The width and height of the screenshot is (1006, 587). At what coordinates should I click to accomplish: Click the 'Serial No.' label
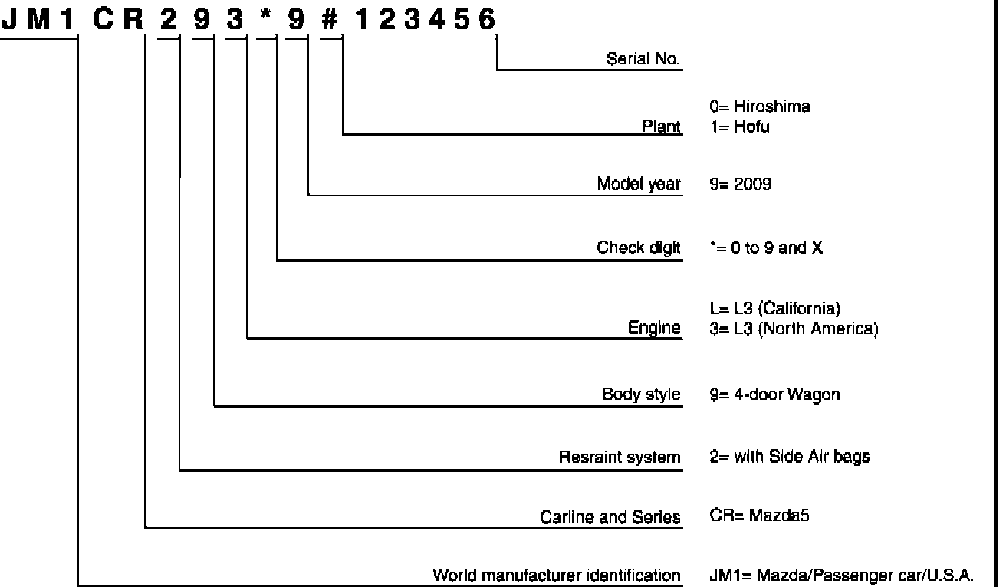coord(643,59)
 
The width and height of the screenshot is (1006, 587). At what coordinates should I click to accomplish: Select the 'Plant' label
coord(661,126)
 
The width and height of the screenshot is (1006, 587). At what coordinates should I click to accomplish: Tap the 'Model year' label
coord(639,185)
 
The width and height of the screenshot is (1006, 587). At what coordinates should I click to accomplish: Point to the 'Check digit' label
coord(639,248)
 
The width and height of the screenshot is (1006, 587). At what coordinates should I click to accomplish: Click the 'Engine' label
coord(654,328)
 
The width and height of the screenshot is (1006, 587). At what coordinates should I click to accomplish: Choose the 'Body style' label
coord(641,395)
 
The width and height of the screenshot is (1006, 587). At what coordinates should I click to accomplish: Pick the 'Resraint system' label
coord(620,457)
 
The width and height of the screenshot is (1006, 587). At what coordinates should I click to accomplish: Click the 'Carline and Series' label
coord(610,517)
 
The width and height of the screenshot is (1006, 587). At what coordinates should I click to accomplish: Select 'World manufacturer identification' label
coord(557,575)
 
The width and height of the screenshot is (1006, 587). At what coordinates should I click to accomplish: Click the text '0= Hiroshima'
coord(760,107)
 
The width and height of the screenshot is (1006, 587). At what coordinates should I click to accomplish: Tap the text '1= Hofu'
coord(740,127)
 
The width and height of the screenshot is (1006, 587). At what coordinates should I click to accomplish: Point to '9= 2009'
coord(741,185)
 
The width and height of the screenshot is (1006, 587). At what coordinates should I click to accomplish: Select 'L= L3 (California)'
coord(775,309)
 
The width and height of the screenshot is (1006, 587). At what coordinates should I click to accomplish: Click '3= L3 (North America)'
coord(794,329)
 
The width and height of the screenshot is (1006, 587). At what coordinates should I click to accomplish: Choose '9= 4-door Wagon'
coord(774,395)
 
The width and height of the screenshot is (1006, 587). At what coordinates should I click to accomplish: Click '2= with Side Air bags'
coord(790,457)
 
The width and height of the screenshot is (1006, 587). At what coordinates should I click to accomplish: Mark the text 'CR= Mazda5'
coord(760,516)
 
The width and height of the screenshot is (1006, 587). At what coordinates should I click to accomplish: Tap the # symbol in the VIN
coord(330,20)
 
